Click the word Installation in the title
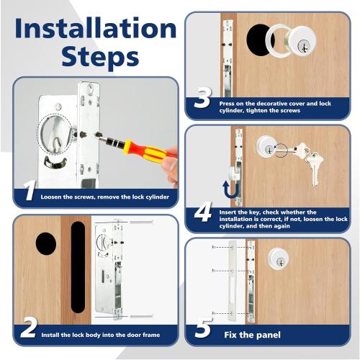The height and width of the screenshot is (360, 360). [95, 28]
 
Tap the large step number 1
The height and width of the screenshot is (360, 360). [29, 192]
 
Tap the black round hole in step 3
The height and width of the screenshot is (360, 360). [259, 42]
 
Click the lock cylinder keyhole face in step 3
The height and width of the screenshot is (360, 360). [301, 44]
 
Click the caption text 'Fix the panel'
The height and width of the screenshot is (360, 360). [251, 334]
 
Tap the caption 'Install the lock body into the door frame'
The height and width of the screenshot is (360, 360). [100, 335]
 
